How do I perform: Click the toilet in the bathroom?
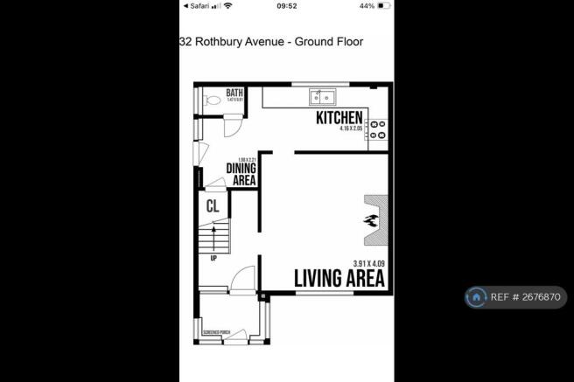[x=210, y=101]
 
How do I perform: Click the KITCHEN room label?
[x=339, y=117]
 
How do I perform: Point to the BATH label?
[x=234, y=93]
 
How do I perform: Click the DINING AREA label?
[x=241, y=174]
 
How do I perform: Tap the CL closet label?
[x=212, y=206]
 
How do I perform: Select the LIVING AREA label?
[x=338, y=279]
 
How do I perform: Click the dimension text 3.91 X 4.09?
[x=368, y=263]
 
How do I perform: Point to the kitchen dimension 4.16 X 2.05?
[x=348, y=129]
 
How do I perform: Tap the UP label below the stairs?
[x=213, y=258]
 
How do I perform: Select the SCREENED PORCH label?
[x=216, y=332]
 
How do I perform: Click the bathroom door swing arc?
[x=234, y=127]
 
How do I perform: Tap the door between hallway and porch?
[x=242, y=280]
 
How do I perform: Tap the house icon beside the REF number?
[x=476, y=297]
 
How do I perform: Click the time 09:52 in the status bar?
[x=287, y=5]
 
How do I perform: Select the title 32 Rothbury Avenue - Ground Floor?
[x=271, y=41]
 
